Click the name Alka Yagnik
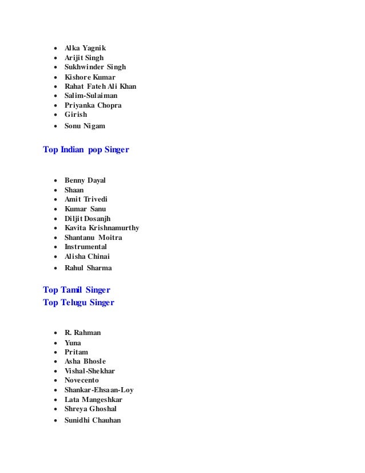tap(85, 48)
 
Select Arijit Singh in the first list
tap(84, 58)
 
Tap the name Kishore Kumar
tap(90, 77)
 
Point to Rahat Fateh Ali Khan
tap(100, 86)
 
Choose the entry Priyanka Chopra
tap(93, 105)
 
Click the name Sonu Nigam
tap(85, 125)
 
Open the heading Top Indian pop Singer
tap(86, 150)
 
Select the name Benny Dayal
tap(85, 180)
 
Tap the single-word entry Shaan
tap(74, 190)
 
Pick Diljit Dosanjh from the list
tap(88, 218)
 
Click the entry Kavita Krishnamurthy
tap(102, 228)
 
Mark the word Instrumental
tap(86, 247)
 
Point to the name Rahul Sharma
tap(88, 267)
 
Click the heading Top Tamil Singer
tap(77, 290)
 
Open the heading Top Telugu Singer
tap(78, 302)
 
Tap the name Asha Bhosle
tap(85, 361)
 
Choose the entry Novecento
tap(82, 380)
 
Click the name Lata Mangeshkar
tap(93, 399)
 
